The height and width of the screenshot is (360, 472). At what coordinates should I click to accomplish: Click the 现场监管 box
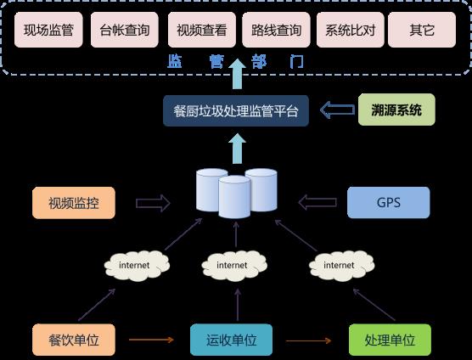pos(48,30)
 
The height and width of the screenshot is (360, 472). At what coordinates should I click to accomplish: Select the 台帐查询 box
pos(125,30)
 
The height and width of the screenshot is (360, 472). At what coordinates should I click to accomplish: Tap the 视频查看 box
pos(202,30)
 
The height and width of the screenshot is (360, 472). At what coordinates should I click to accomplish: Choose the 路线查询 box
pos(276,30)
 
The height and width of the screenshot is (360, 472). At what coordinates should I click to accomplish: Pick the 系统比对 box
pos(351,30)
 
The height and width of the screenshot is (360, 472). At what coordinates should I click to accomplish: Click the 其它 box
pos(422,30)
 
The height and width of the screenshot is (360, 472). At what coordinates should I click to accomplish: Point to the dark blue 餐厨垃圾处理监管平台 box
pos(236,110)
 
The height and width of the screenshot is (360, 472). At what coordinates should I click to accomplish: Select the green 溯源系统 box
pos(396,110)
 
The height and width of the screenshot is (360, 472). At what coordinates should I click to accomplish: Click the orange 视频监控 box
pos(74,203)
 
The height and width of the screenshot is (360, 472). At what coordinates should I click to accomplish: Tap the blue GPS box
pos(389,203)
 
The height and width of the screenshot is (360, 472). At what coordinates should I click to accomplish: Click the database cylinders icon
pos(236,194)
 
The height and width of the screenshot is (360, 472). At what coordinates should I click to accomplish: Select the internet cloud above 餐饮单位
pos(137,266)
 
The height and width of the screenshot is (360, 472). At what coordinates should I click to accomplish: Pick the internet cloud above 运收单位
pos(234,266)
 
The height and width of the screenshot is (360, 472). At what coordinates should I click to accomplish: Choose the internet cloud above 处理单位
pos(342,266)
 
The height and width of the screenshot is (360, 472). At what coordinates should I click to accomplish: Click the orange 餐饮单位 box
pos(74,340)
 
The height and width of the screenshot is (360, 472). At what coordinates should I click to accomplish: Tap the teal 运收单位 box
pos(232,340)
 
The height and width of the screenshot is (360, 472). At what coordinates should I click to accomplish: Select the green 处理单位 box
pos(390,340)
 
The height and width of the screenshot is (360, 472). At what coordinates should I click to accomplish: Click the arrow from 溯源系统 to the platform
pos(337,110)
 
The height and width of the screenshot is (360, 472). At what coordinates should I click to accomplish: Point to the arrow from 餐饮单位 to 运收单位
pos(151,340)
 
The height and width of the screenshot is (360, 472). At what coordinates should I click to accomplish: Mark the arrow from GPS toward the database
pos(317,202)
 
